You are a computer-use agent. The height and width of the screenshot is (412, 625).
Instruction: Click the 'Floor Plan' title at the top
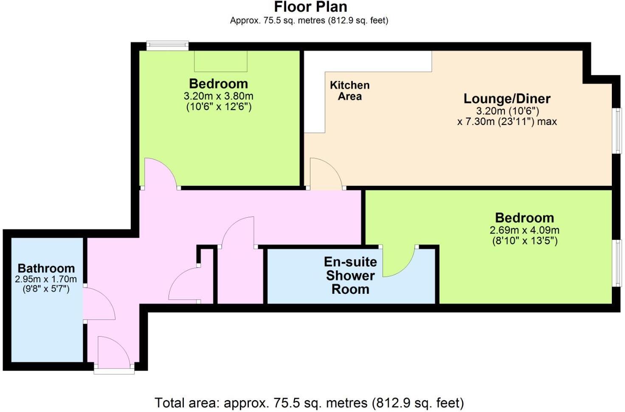310,7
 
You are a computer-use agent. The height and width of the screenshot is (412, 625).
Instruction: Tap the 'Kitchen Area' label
349,91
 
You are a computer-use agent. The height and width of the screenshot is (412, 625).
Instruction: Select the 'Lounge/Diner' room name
507,99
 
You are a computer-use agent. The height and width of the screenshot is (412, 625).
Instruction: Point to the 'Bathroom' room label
46,268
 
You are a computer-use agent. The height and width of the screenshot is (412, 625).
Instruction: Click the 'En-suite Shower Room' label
350,276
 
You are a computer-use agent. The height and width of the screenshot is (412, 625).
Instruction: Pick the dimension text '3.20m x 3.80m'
218,96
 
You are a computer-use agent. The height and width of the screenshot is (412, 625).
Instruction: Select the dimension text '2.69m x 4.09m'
524,230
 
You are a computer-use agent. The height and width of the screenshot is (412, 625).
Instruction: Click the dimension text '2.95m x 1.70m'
46,279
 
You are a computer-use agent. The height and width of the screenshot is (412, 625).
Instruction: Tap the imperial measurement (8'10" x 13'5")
524,241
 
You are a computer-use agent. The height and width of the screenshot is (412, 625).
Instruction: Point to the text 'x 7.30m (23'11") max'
507,122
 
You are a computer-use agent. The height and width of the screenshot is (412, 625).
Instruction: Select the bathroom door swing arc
100,304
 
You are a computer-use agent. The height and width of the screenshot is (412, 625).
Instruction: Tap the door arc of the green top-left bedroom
160,172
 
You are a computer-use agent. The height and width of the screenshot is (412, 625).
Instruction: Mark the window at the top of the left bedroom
167,45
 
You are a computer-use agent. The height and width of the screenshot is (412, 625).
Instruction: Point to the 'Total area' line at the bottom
309,402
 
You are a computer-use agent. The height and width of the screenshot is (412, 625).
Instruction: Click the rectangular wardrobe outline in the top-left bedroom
220,61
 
